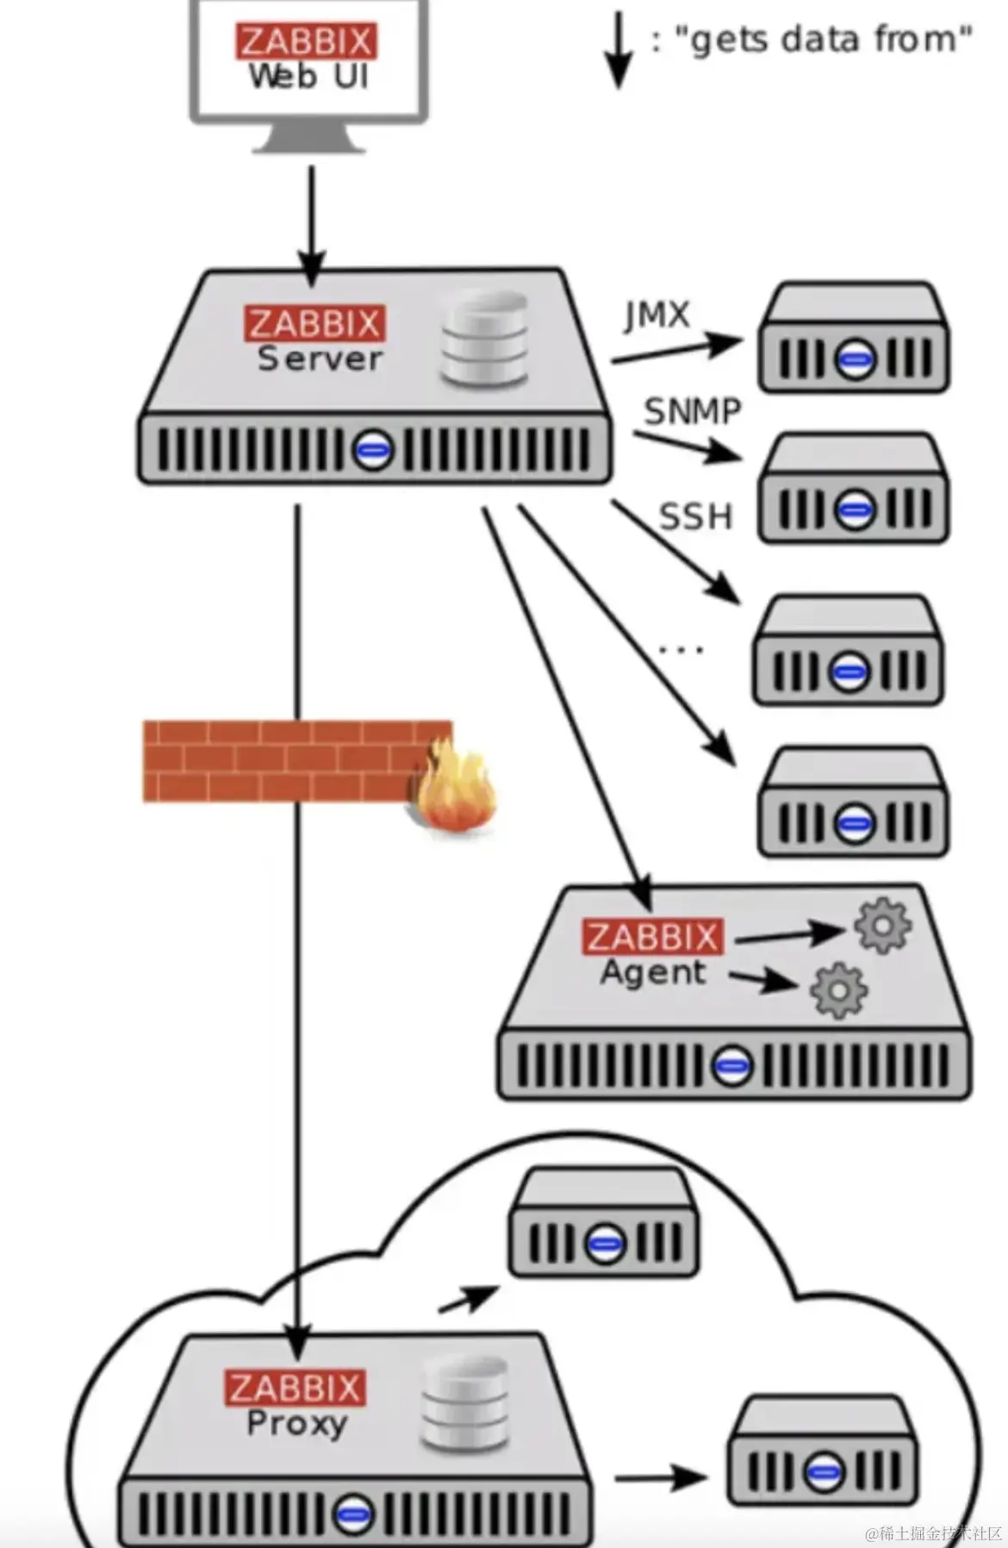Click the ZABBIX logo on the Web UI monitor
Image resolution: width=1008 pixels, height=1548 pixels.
tap(306, 41)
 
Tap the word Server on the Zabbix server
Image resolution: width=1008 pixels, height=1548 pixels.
tap(320, 359)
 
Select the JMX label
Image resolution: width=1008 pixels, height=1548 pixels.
tap(657, 315)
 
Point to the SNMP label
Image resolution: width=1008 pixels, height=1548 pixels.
tap(692, 411)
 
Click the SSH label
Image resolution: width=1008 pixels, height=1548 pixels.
tap(695, 516)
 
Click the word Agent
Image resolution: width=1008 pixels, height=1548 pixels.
tap(653, 972)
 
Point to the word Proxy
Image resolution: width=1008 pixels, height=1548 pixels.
tap(296, 1424)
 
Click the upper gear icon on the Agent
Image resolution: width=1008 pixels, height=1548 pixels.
tap(882, 926)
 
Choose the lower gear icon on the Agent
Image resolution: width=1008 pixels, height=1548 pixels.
tap(838, 990)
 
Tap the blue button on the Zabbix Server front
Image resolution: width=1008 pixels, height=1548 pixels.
tap(374, 449)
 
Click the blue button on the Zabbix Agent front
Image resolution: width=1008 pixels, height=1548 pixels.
tap(731, 1065)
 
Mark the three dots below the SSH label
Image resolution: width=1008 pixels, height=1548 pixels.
tap(681, 649)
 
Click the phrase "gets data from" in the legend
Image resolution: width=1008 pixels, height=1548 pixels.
tap(822, 40)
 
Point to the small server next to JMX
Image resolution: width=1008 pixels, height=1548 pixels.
tap(853, 337)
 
